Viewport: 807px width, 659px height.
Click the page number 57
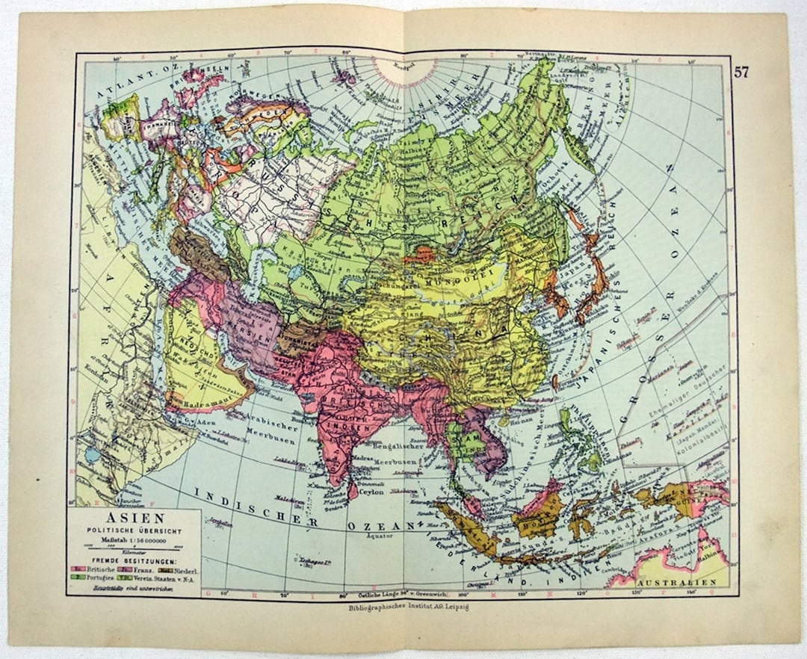tap(741, 72)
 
